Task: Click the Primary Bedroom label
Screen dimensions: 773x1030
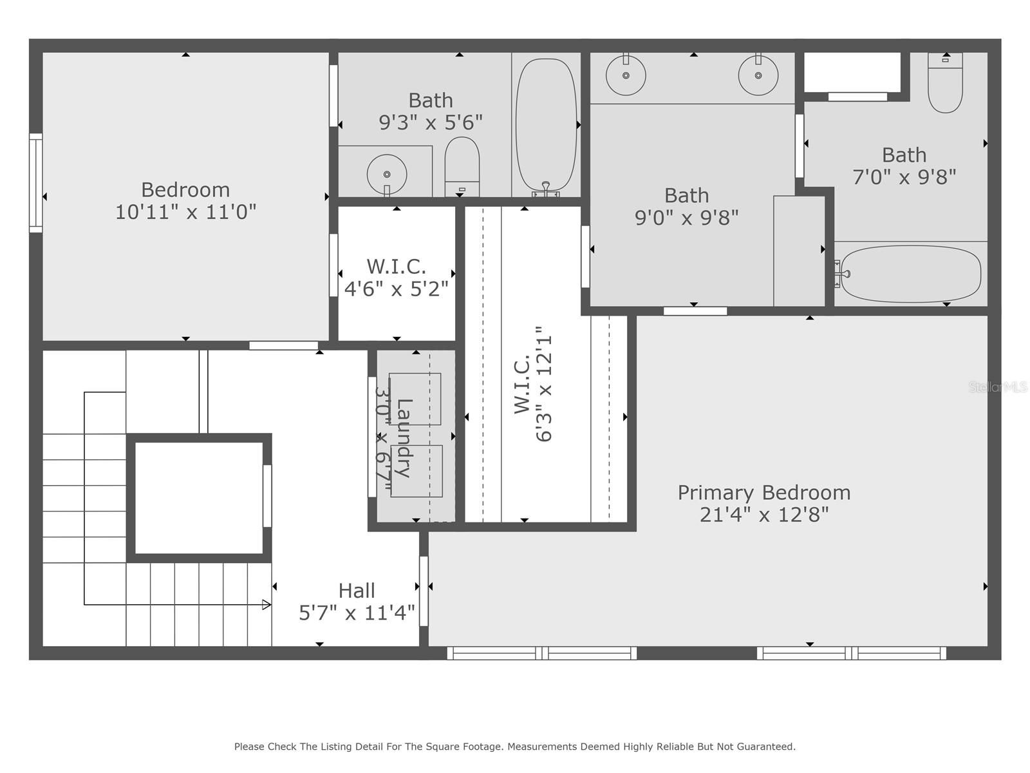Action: pos(764,493)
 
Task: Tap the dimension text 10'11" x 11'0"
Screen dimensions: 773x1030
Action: pos(185,212)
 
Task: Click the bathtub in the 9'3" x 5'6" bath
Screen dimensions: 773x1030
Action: pos(546,126)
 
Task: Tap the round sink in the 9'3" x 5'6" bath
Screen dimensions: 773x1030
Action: pos(387,174)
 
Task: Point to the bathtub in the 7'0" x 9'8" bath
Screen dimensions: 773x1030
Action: pos(910,274)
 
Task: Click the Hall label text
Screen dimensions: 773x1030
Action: pos(357,591)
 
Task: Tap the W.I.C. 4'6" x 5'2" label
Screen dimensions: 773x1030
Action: pos(397,278)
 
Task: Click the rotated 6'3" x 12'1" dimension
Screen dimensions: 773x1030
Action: pos(544,384)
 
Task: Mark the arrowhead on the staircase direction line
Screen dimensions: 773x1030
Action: pos(267,604)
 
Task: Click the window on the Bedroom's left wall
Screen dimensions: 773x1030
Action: pos(36,183)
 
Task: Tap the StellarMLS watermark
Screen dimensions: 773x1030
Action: pos(997,387)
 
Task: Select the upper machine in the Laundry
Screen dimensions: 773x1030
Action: pos(415,399)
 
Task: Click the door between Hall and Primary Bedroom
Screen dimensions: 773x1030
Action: pos(424,591)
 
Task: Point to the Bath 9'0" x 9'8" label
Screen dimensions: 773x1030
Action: pos(687,206)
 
